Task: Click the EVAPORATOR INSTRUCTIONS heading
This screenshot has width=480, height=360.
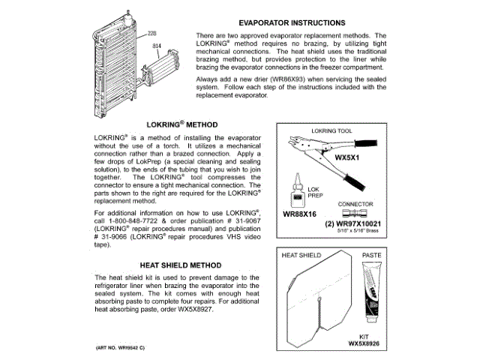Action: coord(292,22)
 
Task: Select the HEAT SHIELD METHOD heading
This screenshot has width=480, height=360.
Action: coord(181,265)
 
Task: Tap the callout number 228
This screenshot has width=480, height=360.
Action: coord(152,33)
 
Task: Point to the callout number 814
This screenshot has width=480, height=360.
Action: coord(157,46)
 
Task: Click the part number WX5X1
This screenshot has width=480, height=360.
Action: coord(347,159)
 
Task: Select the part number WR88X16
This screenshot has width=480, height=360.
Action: coord(301,213)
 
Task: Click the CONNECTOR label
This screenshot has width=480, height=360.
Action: coord(355,203)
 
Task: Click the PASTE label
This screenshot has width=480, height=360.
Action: coord(373,255)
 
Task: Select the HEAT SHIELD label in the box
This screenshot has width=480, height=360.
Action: coord(301,255)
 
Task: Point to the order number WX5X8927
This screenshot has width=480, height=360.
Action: coord(180,310)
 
